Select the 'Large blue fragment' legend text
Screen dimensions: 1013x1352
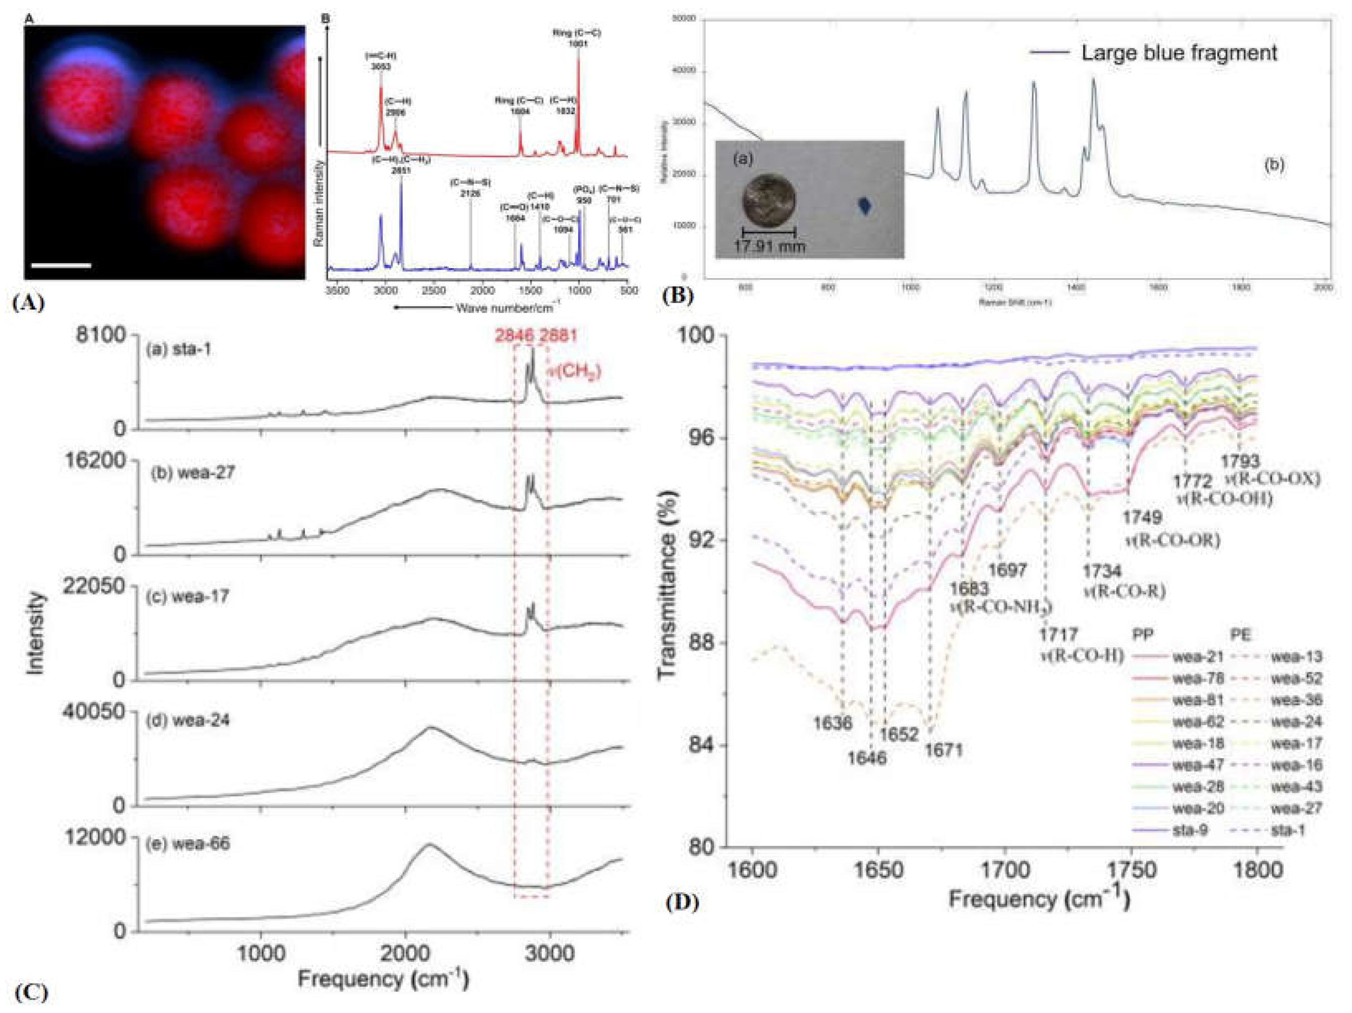click(x=1179, y=53)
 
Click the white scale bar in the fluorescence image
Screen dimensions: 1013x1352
click(x=61, y=266)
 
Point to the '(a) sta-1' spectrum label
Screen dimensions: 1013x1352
click(x=178, y=350)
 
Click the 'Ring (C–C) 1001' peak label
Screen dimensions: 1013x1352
click(x=577, y=38)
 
